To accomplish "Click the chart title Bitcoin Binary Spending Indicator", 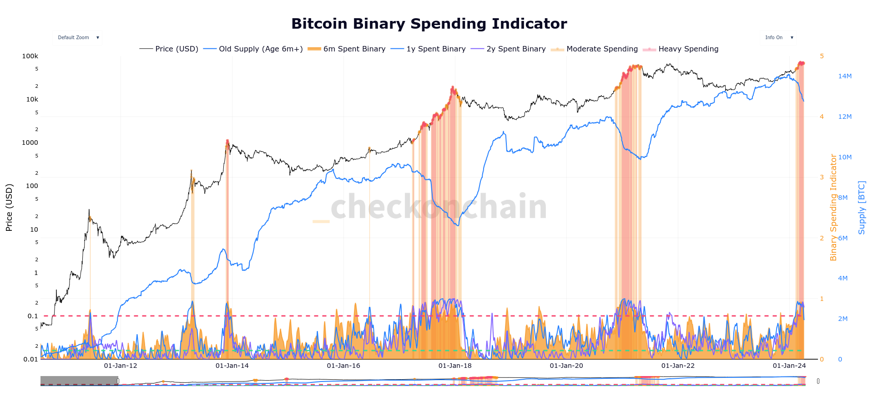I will click(x=429, y=24).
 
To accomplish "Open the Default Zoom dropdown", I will click(x=77, y=38).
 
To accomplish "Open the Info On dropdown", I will click(x=778, y=38).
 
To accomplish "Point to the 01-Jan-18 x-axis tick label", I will click(x=455, y=366).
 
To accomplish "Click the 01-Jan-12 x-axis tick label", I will click(x=121, y=366).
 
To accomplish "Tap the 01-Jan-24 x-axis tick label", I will click(x=789, y=366).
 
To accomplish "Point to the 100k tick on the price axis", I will click(x=30, y=56).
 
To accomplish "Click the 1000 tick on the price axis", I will click(x=30, y=143).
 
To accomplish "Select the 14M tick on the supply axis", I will click(x=845, y=76).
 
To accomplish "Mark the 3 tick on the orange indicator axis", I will click(x=822, y=177).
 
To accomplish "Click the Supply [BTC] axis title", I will click(x=862, y=208).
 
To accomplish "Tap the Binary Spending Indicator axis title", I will click(x=833, y=208).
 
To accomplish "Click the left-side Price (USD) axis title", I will click(x=9, y=208).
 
